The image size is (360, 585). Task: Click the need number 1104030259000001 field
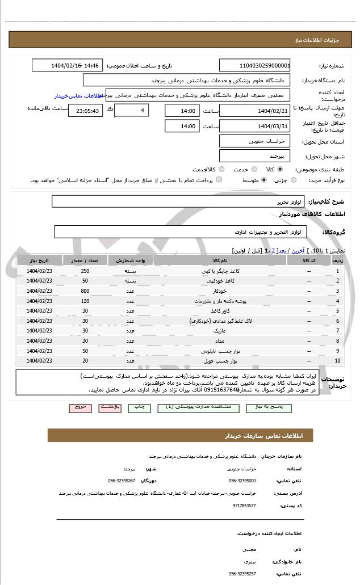[254, 66]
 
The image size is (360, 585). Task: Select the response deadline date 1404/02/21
[254, 111]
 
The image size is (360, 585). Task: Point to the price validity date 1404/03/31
[254, 126]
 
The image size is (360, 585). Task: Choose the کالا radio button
[280, 170]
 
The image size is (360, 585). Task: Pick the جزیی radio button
[294, 180]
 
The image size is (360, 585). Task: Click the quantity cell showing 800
[85, 291]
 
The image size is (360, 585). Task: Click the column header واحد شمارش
[131, 260]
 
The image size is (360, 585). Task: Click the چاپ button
[139, 407]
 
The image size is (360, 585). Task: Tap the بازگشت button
[109, 407]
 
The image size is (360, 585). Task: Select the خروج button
[79, 407]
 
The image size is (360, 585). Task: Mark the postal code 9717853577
[245, 505]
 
